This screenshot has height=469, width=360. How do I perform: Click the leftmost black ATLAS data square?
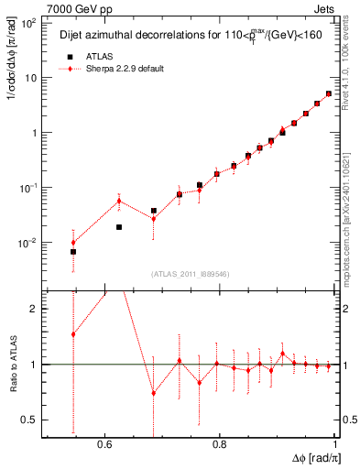pos(73,251)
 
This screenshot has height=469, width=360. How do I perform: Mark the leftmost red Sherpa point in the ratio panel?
pos(73,334)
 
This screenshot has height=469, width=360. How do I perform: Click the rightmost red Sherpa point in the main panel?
pos(329,93)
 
